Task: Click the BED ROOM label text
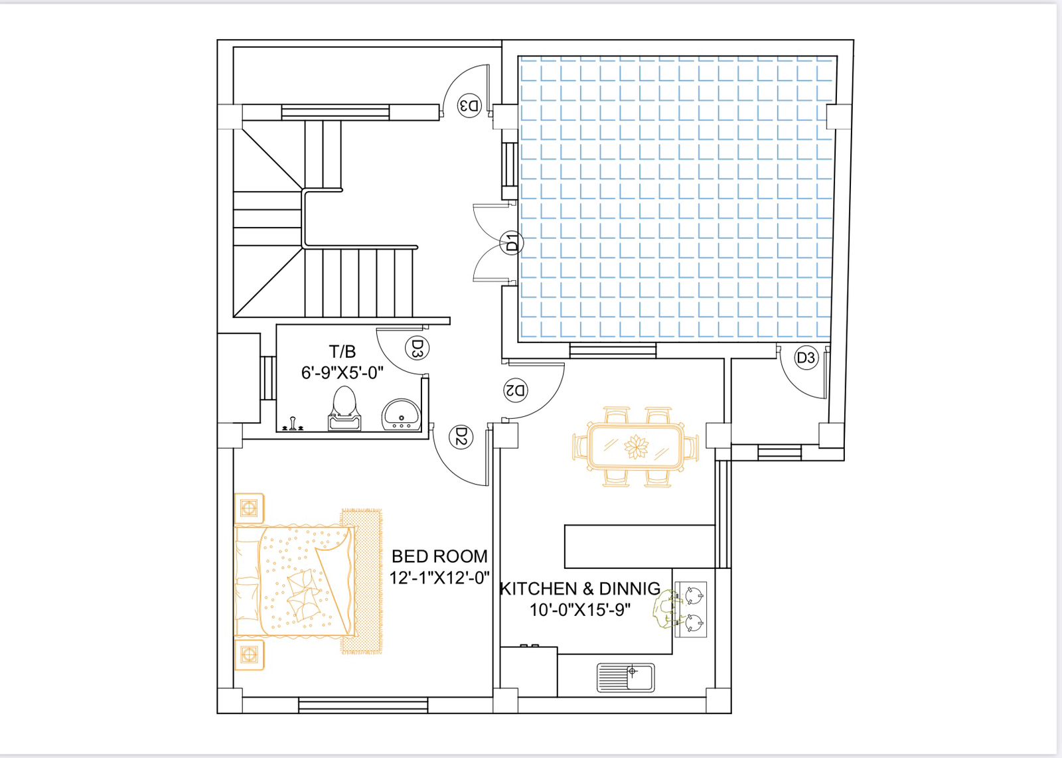(x=439, y=556)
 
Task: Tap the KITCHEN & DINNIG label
(x=579, y=589)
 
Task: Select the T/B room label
(x=342, y=352)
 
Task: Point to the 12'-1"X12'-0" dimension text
(x=439, y=577)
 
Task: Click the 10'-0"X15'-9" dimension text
(x=579, y=610)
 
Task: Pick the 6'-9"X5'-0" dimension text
(x=342, y=373)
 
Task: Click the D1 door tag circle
(x=512, y=242)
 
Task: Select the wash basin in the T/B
(x=401, y=415)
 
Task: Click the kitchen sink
(x=625, y=678)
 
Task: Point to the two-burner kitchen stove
(x=691, y=609)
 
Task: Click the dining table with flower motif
(x=636, y=447)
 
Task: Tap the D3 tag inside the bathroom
(x=417, y=348)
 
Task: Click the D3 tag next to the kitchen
(x=806, y=358)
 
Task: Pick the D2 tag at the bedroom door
(x=461, y=437)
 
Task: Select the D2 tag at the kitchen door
(x=516, y=390)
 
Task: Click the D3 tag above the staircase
(x=469, y=106)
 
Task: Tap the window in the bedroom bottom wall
(x=363, y=705)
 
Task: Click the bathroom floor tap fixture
(x=293, y=424)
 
